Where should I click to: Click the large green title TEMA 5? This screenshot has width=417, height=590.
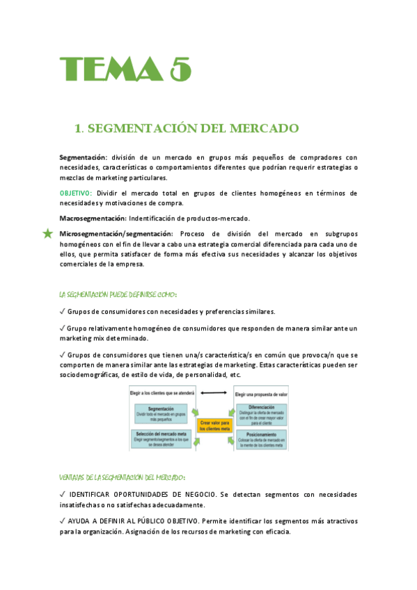coord(125,70)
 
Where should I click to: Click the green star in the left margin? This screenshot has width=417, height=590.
coord(47,234)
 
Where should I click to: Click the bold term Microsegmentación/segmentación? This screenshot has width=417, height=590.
coord(116,234)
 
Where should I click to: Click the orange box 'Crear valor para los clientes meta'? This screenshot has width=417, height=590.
coord(215,426)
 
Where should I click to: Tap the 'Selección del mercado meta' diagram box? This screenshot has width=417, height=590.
coord(162,438)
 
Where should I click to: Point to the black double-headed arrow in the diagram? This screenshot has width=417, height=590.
coord(214,393)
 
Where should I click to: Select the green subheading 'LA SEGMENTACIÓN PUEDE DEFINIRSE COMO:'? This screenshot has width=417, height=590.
coord(118,294)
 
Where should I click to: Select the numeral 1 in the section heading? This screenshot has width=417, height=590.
coord(78,129)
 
